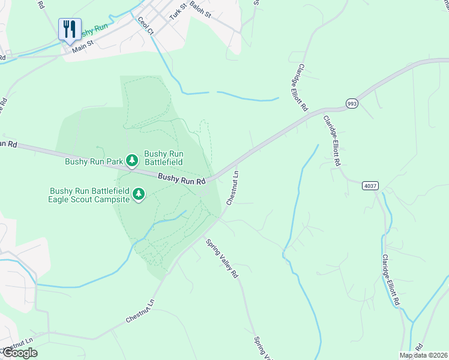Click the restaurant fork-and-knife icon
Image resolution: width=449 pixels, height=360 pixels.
70,29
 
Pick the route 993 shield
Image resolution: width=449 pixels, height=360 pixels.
352,104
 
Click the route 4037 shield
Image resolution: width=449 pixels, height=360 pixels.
370,186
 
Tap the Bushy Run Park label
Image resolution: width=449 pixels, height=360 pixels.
93,161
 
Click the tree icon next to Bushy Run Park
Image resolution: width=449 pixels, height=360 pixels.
132,161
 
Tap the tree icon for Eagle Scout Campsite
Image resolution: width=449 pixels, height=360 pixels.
139,194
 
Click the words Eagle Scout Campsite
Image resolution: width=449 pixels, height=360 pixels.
89,199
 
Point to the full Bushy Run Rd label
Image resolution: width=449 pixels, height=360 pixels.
182,179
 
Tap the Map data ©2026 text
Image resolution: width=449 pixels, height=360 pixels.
423,355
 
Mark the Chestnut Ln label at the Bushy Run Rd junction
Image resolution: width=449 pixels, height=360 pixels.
232,188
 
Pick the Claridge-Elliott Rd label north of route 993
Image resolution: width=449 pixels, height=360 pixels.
303,88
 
